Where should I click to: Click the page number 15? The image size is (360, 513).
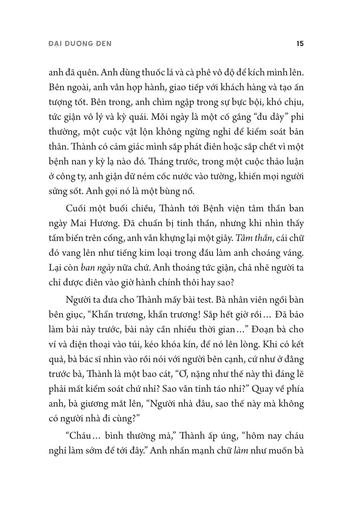pyautogui.click(x=300, y=44)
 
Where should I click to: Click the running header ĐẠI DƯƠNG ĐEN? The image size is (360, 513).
pyautogui.click(x=80, y=44)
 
